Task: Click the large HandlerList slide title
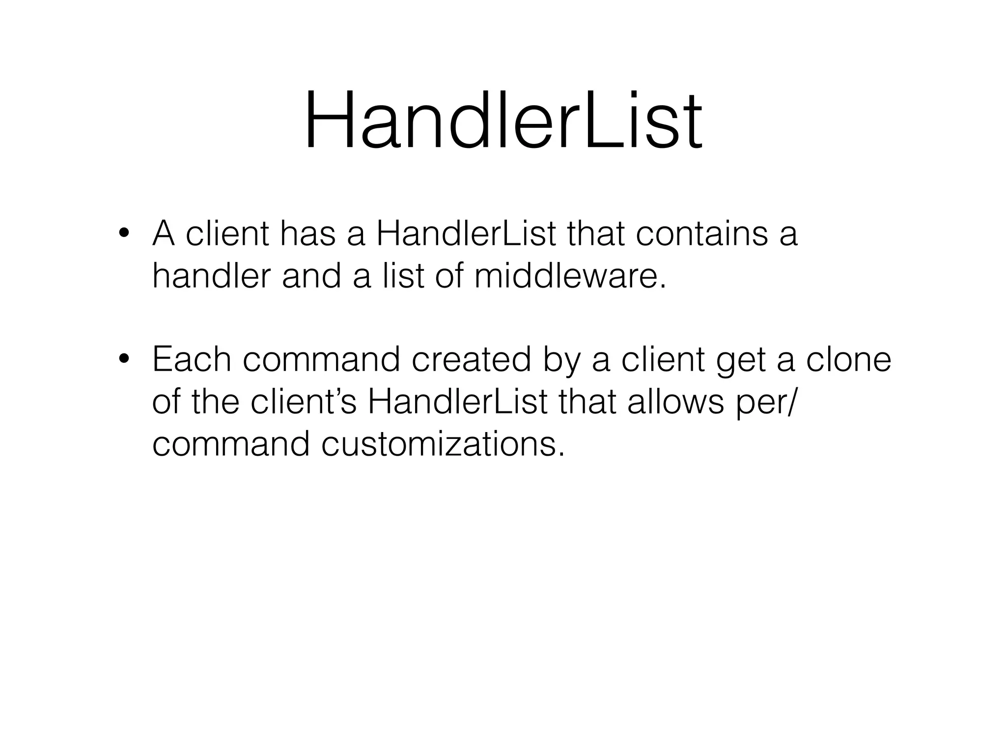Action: point(503,121)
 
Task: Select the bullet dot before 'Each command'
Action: point(123,359)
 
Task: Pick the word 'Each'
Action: point(191,359)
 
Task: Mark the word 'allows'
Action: point(675,402)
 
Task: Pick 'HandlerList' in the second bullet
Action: point(457,402)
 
